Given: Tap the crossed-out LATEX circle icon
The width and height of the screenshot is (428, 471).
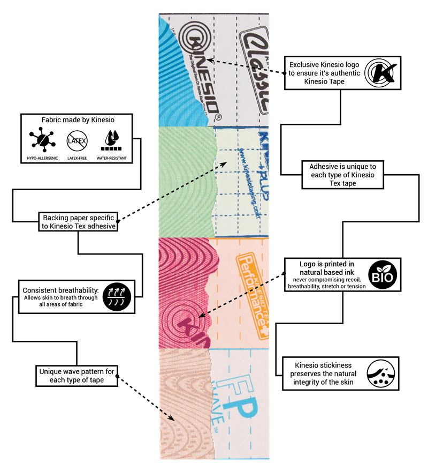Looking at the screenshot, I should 76,141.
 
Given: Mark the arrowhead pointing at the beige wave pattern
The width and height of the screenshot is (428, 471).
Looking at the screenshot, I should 173,418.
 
